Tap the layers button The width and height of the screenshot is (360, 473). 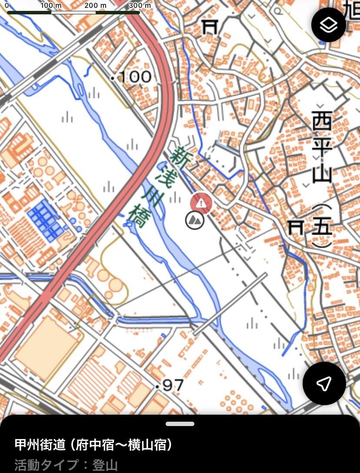(x=329, y=25)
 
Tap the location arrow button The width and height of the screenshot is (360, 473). (x=324, y=383)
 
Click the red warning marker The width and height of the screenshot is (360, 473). (x=201, y=203)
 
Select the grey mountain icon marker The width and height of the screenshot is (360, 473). (x=194, y=220)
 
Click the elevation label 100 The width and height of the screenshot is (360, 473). (x=134, y=77)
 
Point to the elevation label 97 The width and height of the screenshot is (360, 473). (x=173, y=385)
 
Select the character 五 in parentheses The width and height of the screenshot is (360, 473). (x=322, y=227)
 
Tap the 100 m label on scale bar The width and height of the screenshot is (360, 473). (x=52, y=5)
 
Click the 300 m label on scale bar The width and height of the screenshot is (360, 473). (x=140, y=5)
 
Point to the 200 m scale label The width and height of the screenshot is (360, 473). (x=95, y=5)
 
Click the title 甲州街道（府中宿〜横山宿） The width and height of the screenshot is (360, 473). (x=94, y=445)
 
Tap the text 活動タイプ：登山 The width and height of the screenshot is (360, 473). (x=66, y=465)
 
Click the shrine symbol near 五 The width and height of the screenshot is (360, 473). (x=297, y=227)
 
